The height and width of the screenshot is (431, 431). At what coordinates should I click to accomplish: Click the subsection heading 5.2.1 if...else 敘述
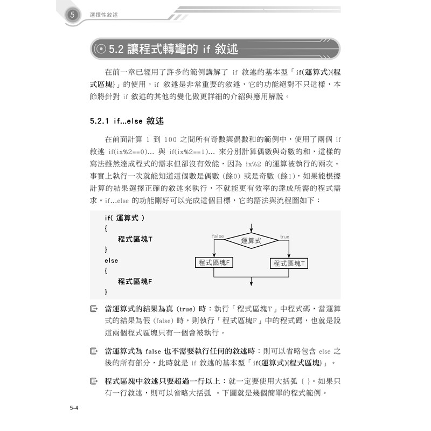point(127,121)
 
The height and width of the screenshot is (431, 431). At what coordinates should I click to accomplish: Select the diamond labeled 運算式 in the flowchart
point(251,241)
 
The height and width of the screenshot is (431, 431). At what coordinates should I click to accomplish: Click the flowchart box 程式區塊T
point(289,263)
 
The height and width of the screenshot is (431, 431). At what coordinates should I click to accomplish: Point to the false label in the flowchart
point(218,237)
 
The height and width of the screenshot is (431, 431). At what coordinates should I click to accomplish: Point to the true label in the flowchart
point(284,237)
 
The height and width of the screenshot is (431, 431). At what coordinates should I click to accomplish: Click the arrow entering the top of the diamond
point(252,227)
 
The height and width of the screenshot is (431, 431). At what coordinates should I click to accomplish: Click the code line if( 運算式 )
point(124,218)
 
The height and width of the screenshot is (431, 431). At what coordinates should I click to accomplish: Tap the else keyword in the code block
point(111,260)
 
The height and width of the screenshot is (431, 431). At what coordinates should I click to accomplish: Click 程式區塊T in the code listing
point(135,239)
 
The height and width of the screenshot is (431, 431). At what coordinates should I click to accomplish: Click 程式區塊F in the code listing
point(135,281)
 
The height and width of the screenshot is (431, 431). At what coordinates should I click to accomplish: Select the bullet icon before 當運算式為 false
point(94,351)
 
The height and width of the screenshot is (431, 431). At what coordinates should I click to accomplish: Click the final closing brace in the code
point(106,291)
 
